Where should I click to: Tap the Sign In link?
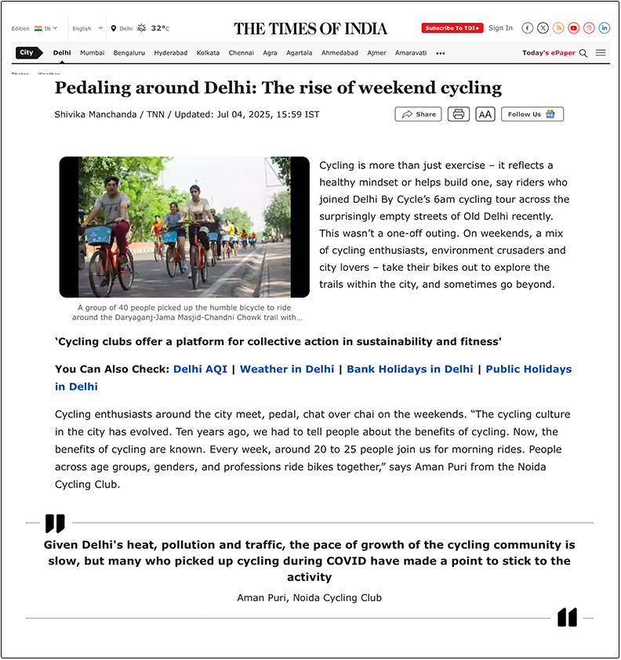[x=500, y=28]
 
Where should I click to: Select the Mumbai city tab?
[x=92, y=53]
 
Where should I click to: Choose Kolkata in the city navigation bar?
[x=208, y=53]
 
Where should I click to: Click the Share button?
[x=418, y=114]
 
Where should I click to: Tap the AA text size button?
[x=485, y=114]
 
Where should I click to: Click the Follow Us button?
[x=532, y=114]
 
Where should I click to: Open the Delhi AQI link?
[x=200, y=369]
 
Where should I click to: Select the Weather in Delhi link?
[x=287, y=369]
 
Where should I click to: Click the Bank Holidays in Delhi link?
[x=410, y=369]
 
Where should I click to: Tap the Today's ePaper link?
[x=548, y=53]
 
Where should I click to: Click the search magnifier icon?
[x=583, y=53]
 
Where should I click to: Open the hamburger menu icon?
[x=601, y=53]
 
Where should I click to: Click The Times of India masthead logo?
[x=310, y=29]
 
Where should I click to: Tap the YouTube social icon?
[x=574, y=28]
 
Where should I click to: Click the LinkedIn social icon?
[x=605, y=28]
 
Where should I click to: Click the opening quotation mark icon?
[x=55, y=523]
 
